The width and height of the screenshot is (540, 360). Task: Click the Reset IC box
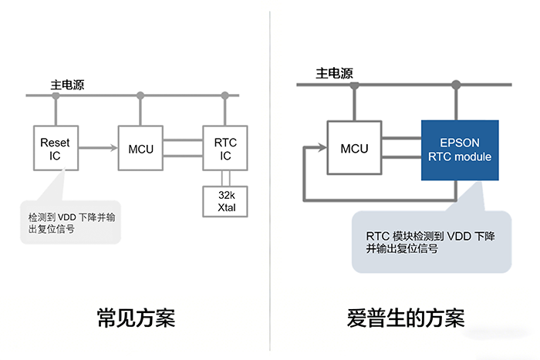(54, 147)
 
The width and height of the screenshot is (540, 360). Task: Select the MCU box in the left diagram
(140, 147)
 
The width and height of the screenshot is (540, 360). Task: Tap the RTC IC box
(224, 147)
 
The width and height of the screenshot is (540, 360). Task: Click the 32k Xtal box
(224, 200)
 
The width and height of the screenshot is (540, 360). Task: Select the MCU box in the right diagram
(353, 147)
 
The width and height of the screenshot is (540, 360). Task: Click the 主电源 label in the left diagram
(66, 82)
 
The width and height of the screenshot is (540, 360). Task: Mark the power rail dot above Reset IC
(55, 96)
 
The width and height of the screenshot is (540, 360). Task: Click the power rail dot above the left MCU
(140, 96)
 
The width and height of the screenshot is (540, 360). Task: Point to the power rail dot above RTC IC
(224, 96)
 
